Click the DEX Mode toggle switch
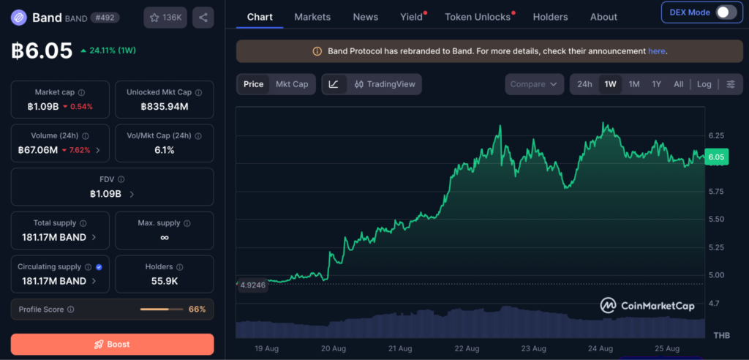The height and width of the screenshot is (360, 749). [x=726, y=12]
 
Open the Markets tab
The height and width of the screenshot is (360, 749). [x=312, y=17]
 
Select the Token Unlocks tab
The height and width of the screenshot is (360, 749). [x=478, y=17]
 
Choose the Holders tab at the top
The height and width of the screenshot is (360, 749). [x=550, y=17]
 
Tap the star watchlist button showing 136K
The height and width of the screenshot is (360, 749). [x=165, y=18]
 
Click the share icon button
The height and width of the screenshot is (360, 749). [x=203, y=18]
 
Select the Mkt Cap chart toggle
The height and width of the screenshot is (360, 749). [x=292, y=84]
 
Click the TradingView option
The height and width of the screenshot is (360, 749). [x=385, y=84]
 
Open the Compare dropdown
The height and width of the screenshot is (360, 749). [x=533, y=84]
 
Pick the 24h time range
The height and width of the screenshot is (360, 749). [x=584, y=84]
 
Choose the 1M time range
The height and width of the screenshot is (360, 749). [x=634, y=84]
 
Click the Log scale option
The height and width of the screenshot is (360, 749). [x=704, y=84]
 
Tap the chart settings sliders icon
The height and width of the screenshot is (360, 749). [x=731, y=84]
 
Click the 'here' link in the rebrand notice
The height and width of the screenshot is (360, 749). [x=656, y=51]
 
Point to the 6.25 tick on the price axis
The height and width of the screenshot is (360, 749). [x=716, y=136]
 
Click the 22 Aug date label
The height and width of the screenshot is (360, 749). [x=466, y=348]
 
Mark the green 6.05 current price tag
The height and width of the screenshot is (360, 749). [x=717, y=157]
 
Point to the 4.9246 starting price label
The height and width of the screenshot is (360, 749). [x=252, y=285]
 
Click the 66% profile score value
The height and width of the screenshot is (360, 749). [x=197, y=310]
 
